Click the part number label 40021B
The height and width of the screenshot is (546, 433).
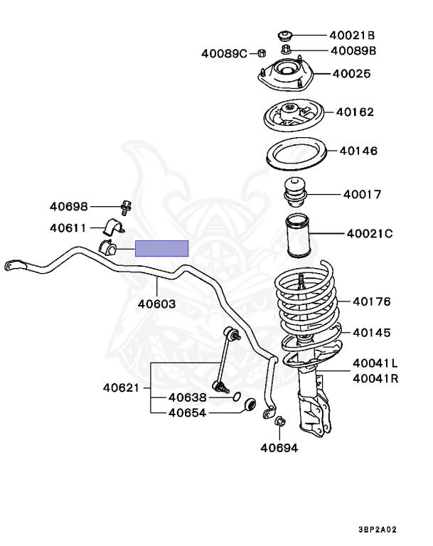[x=351, y=35]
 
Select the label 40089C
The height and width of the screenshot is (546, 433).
[x=223, y=53]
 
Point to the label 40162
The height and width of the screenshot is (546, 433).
[x=355, y=112]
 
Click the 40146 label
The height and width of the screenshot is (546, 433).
[x=358, y=151]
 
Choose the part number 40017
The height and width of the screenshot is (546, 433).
[x=362, y=194]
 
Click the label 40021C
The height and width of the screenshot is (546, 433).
[x=369, y=233]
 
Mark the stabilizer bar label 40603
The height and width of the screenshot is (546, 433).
[x=156, y=304]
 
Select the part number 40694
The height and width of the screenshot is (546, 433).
[x=279, y=448]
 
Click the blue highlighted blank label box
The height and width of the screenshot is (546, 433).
[x=162, y=248]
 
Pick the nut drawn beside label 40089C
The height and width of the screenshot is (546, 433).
[x=262, y=53]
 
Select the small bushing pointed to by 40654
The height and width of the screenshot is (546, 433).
[x=249, y=405]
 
